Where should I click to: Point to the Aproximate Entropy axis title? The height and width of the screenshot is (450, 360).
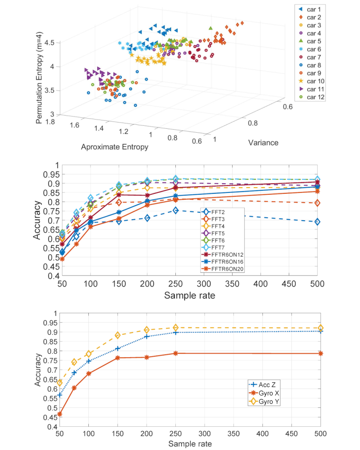114,147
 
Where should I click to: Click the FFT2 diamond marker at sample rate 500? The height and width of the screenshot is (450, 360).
317,222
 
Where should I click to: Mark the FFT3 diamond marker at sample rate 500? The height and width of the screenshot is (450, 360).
317,203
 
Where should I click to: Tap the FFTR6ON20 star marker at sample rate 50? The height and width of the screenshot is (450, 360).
62,259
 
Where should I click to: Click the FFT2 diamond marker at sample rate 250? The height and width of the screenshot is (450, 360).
175,210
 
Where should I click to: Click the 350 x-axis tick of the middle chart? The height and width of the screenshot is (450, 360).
232,285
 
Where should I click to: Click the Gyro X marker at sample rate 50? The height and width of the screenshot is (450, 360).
60,414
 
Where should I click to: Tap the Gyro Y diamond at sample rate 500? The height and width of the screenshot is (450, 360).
321,328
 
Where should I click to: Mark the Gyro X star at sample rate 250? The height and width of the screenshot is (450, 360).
175,353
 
